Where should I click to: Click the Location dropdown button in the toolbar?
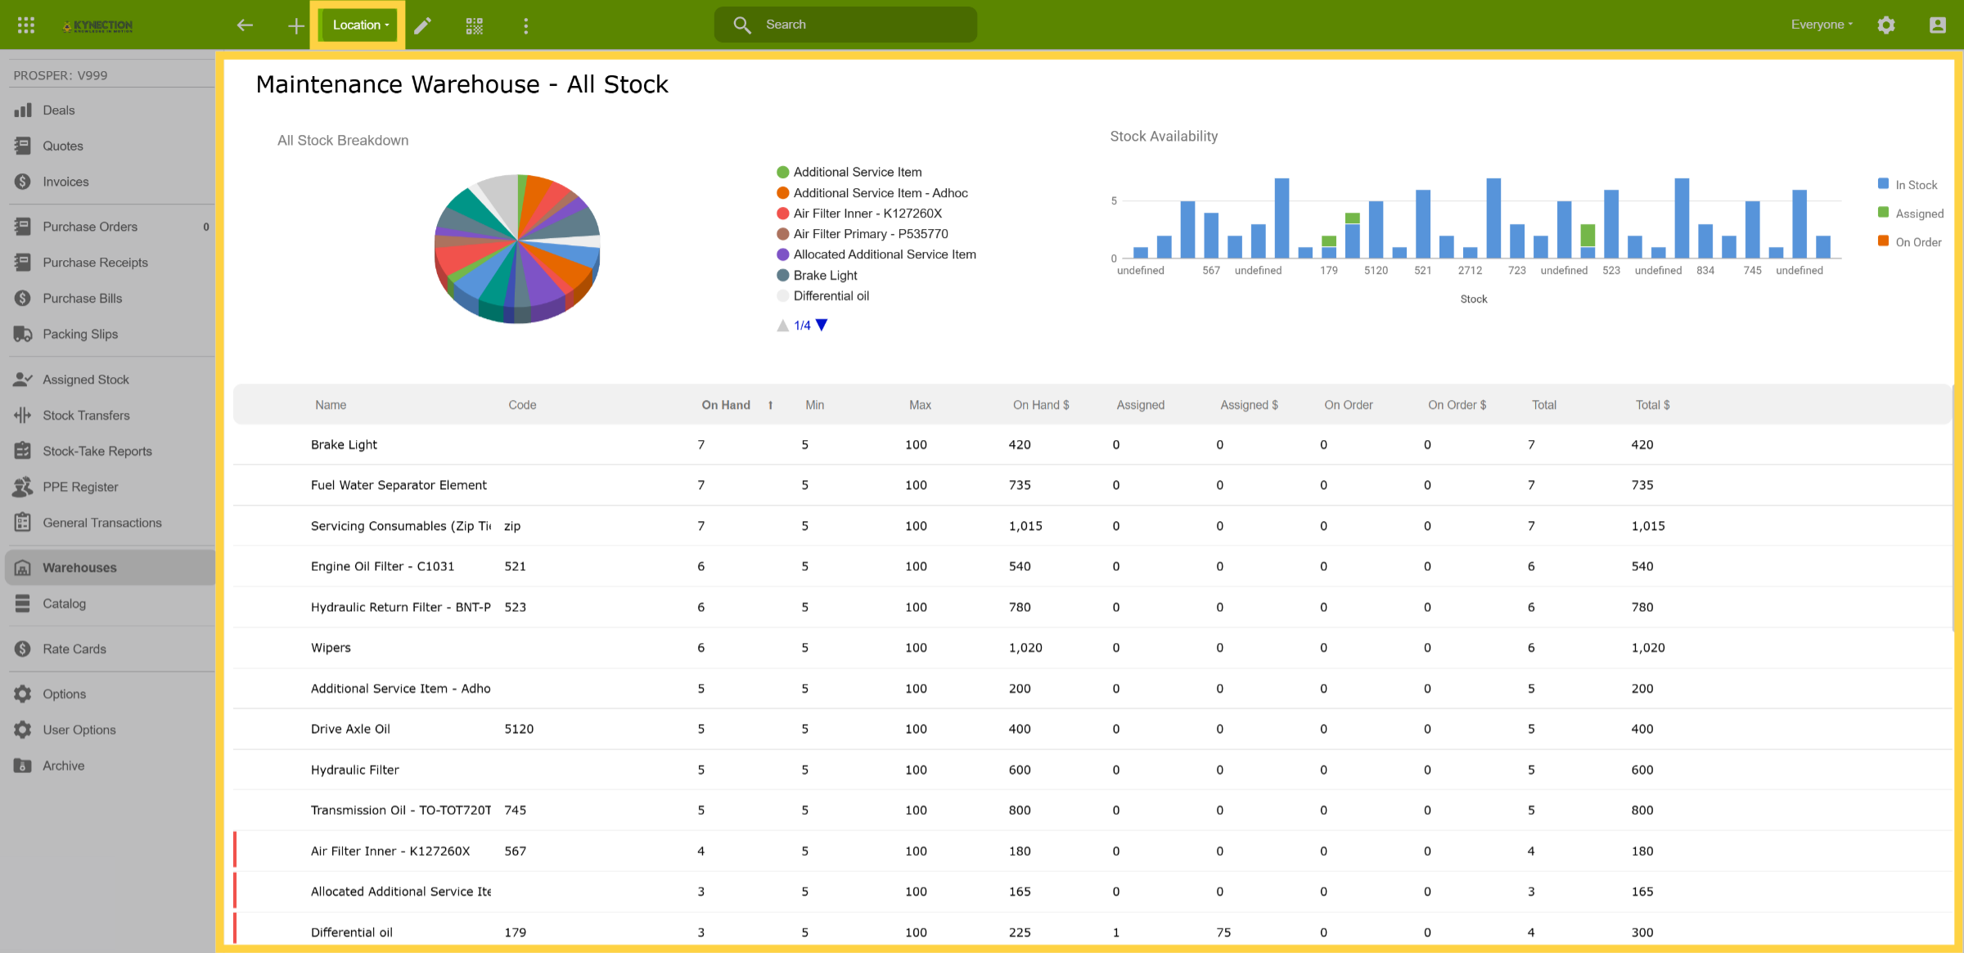(360, 25)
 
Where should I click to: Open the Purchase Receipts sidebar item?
(95, 263)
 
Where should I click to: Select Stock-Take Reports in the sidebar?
(97, 451)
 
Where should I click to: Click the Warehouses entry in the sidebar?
(79, 568)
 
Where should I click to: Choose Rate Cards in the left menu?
(74, 649)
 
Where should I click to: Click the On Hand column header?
(726, 405)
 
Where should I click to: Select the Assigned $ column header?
(1249, 405)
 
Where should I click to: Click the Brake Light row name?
(344, 445)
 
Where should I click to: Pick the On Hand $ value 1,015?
(1025, 526)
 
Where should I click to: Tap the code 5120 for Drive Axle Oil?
(519, 729)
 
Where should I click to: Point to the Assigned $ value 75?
(1223, 933)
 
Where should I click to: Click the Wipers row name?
(331, 648)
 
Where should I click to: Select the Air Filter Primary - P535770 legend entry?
(863, 234)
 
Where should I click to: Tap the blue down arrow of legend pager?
(822, 325)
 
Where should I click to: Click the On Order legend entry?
(1910, 242)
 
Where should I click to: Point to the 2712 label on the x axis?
(1470, 271)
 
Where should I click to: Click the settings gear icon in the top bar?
(1886, 25)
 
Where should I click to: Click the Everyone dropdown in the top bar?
(1822, 25)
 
